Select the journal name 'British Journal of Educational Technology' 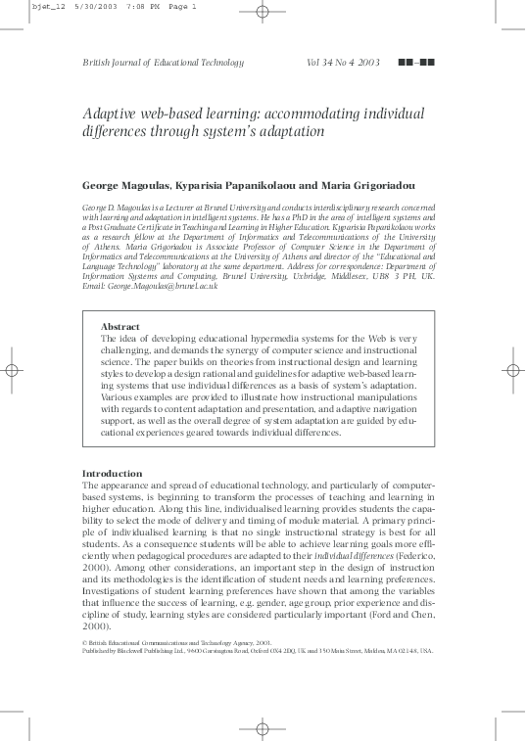click(162, 63)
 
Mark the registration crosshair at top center click(262, 13)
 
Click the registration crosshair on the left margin click(14, 370)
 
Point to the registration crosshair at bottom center click(262, 728)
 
